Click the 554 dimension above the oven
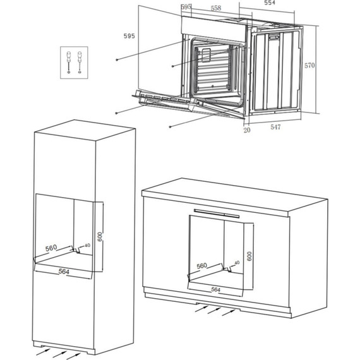coord(270,3)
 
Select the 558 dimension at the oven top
coord(216,8)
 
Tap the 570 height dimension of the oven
coord(309,66)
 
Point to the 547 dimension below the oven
coord(275,127)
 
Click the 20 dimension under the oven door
coord(247,130)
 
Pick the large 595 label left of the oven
coord(129,36)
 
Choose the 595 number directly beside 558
coord(186,7)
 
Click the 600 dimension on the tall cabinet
coord(100,237)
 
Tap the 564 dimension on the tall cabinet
coord(64,272)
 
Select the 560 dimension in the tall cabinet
coord(51,248)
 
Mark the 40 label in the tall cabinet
coord(88,246)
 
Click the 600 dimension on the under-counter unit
coord(249,256)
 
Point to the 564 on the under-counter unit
coord(215,290)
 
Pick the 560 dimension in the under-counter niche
coord(202,266)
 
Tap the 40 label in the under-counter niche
coord(237,263)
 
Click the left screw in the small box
coord(68,62)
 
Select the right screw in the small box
coord(80,62)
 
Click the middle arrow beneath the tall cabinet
coord(60,354)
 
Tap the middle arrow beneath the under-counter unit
coord(214,310)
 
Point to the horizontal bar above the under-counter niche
coord(217,213)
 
